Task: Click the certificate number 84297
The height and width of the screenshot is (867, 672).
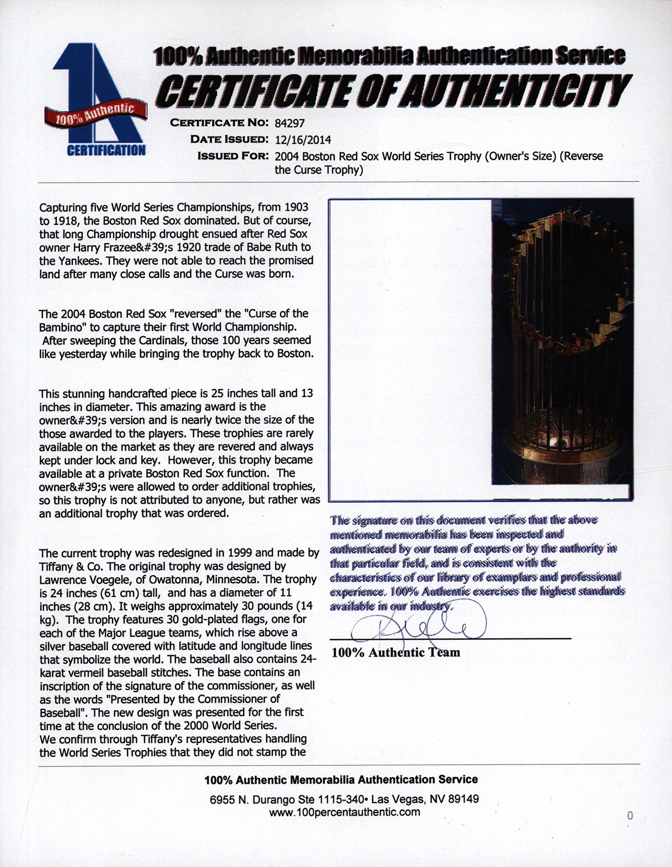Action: click(x=289, y=123)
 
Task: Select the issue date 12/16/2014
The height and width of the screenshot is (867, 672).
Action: click(x=303, y=140)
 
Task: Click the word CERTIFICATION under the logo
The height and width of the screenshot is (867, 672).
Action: click(x=106, y=150)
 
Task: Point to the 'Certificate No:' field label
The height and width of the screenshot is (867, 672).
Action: click(x=219, y=123)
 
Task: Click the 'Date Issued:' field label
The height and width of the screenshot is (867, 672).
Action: click(x=229, y=140)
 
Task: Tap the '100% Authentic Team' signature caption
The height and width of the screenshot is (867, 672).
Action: click(x=396, y=652)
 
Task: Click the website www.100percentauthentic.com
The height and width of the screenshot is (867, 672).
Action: click(x=345, y=812)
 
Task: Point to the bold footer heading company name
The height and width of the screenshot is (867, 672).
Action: click(x=341, y=779)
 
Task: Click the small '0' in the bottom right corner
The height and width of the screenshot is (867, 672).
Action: click(x=630, y=815)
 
